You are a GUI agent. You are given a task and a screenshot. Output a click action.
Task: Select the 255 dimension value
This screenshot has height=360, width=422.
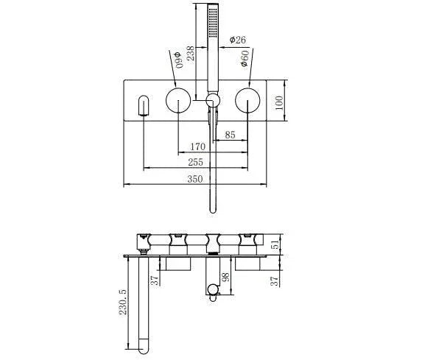[x=197, y=162]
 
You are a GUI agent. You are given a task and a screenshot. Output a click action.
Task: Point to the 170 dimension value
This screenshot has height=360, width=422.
[x=197, y=147]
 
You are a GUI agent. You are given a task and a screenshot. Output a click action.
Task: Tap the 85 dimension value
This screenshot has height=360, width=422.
[x=229, y=135]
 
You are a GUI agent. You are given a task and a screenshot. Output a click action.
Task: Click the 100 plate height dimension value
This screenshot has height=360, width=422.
[x=279, y=102]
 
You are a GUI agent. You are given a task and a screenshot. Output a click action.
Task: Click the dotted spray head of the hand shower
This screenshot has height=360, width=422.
[x=213, y=23]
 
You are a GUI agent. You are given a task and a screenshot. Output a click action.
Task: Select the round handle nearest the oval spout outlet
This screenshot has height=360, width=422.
[x=177, y=101]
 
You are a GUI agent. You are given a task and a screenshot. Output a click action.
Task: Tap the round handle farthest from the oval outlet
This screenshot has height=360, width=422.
[x=248, y=101]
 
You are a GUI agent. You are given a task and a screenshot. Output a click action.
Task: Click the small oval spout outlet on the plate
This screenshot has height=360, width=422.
[x=143, y=106]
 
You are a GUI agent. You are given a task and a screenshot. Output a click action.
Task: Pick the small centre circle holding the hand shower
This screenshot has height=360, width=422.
[x=213, y=101]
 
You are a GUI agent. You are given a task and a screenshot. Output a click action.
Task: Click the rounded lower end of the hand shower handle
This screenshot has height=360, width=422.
[x=213, y=209]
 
